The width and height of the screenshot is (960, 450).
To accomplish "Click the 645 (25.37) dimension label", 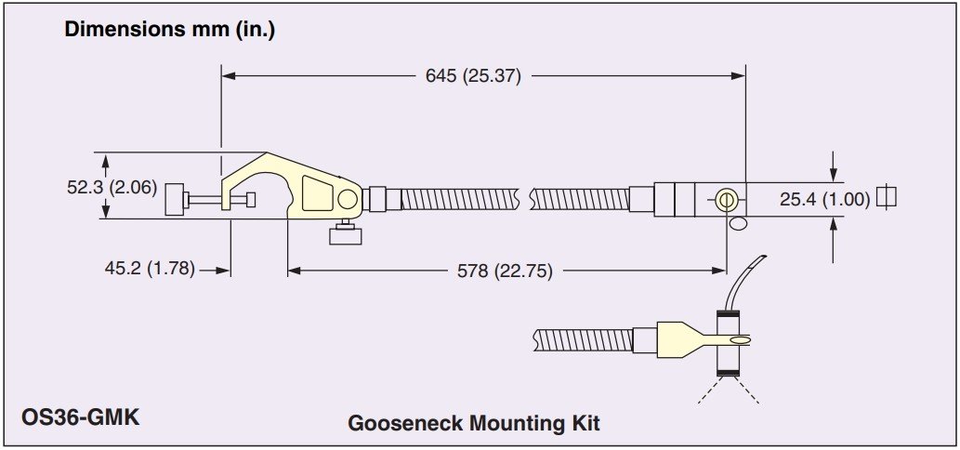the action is (x=473, y=76).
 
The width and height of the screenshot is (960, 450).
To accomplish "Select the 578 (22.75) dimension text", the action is (x=506, y=271).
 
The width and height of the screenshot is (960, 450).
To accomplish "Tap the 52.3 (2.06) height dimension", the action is (x=112, y=188).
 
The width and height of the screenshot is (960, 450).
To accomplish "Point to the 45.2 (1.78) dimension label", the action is (x=150, y=269).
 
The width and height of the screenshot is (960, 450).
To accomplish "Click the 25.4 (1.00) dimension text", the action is (x=824, y=199).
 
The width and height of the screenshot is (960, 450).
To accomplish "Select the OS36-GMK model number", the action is (x=80, y=417).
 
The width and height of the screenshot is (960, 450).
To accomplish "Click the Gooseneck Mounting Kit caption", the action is (x=474, y=423).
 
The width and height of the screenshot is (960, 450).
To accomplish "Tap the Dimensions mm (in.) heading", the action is (x=170, y=30).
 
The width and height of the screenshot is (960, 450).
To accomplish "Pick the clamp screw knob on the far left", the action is (x=175, y=199).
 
